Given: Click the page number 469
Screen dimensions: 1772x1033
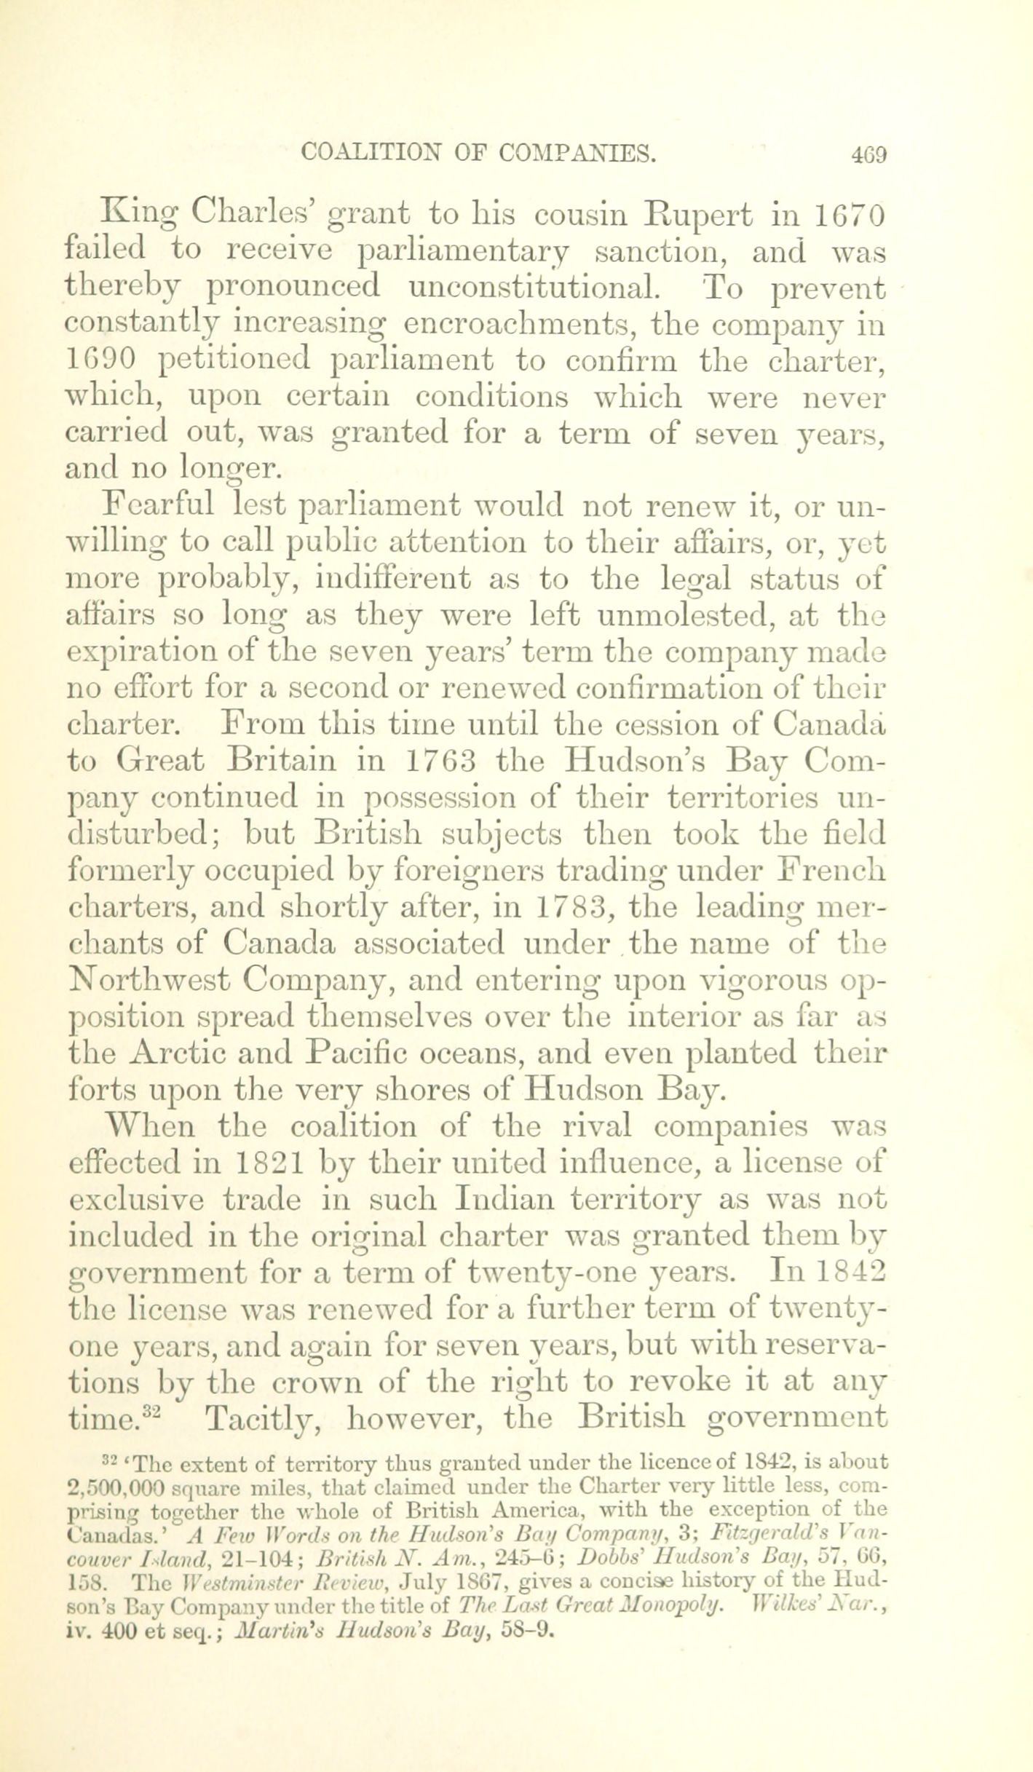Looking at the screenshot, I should point(865,154).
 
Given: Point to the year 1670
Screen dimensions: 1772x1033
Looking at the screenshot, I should point(849,216).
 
